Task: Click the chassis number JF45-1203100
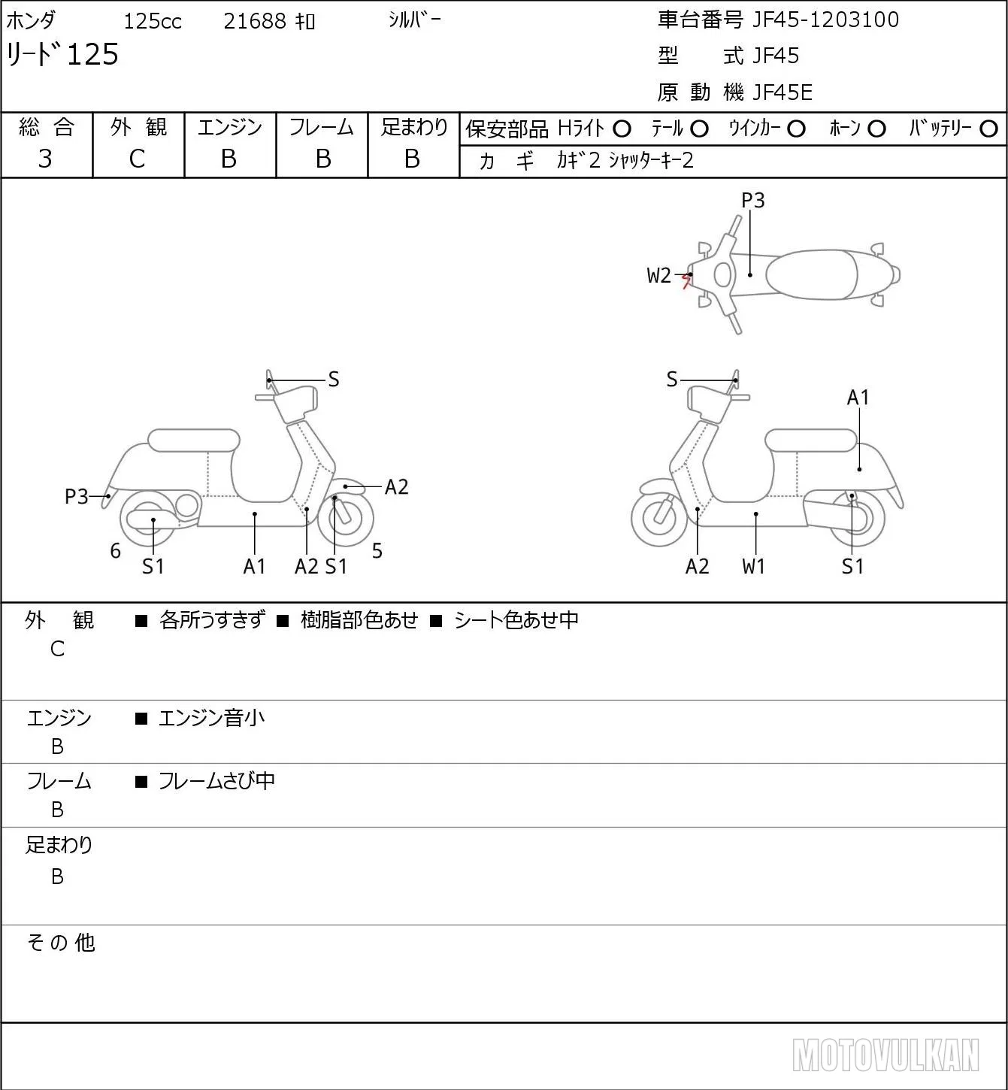825,20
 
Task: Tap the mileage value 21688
255,21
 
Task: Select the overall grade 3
45,159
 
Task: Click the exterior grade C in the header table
138,159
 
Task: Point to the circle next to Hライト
622,129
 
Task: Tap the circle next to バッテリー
988,129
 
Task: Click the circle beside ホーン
876,129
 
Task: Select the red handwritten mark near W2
686,282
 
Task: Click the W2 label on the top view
658,275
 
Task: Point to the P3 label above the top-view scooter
752,200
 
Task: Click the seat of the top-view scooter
812,274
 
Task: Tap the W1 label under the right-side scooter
753,566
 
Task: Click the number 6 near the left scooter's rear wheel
115,550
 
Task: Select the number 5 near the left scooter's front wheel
377,550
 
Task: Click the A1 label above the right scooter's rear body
858,398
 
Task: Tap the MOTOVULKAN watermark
885,1055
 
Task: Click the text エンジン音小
212,718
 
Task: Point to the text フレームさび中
217,781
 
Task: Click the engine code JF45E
782,92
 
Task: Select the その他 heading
61,943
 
